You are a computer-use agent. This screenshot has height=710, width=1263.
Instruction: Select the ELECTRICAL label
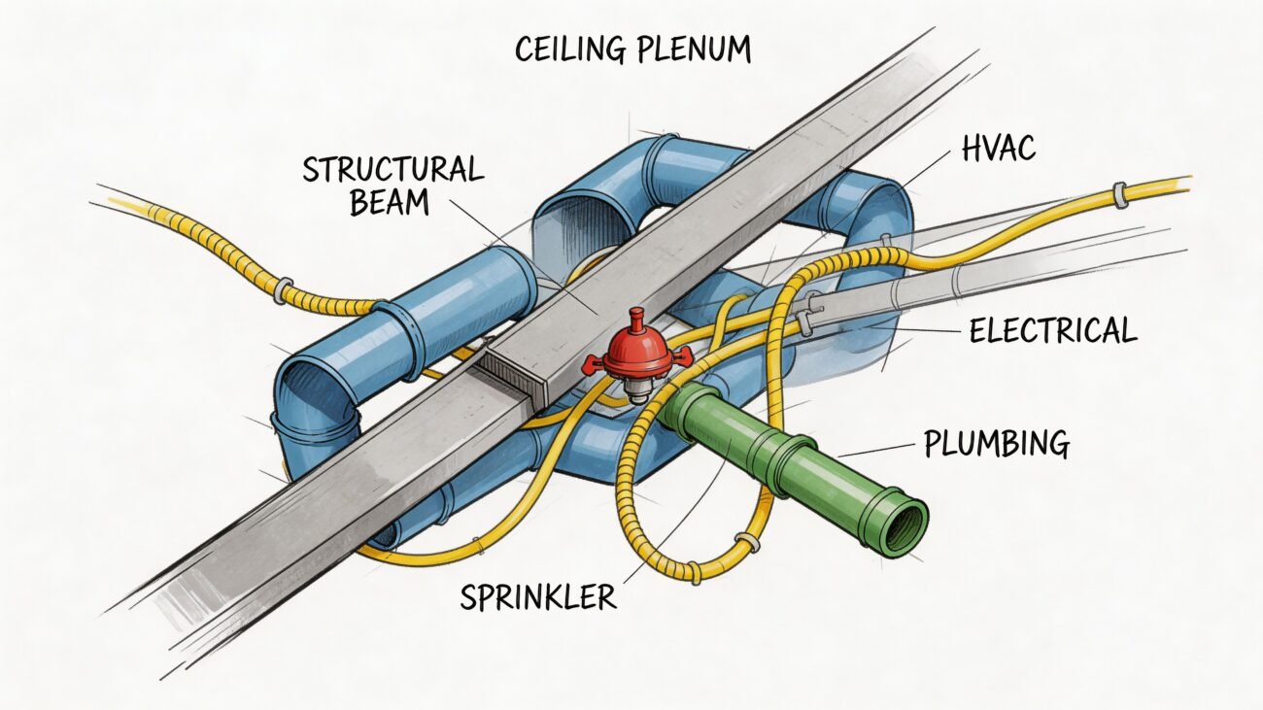pos(1052,330)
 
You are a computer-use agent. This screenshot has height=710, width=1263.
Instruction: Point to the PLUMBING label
pos(996,445)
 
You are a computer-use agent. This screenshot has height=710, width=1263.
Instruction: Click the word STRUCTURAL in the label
pos(393,170)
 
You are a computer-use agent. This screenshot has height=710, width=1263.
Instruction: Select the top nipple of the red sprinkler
pos(636,320)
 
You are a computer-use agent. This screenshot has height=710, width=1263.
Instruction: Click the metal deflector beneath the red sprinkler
pos(637,389)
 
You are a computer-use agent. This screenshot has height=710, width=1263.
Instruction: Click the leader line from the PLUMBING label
pos(874,451)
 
